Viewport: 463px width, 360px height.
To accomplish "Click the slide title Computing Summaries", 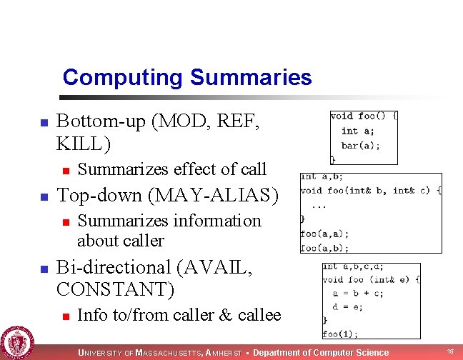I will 186,77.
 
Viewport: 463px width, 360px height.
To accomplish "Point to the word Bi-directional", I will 111,268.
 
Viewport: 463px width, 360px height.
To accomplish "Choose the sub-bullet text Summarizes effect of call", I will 171,169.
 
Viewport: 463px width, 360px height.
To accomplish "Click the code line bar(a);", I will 360,145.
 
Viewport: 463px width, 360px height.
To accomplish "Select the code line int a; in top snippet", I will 357,131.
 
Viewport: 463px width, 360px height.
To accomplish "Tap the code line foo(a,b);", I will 324,248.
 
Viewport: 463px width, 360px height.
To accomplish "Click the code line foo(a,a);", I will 324,234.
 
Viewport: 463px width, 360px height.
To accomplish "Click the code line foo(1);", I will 340,333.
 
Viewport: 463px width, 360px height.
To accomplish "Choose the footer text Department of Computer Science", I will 322,352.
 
